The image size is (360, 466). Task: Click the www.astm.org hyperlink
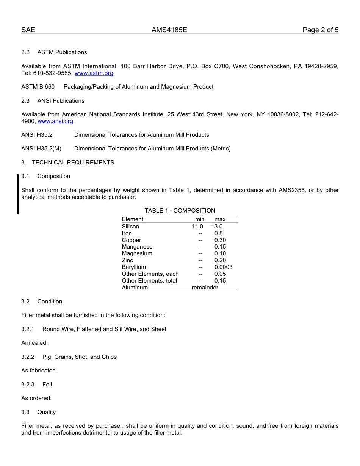pyautogui.click(x=94, y=73)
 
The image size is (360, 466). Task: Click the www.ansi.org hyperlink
pyautogui.click(x=55, y=121)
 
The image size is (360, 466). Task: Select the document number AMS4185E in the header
pyautogui.click(x=169, y=30)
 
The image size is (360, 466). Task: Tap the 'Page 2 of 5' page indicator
pyautogui.click(x=320, y=30)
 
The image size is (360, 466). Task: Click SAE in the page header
pyautogui.click(x=28, y=30)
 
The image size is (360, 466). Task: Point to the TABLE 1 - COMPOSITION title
pyautogui.click(x=180, y=211)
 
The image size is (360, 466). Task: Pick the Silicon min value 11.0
pyautogui.click(x=197, y=227)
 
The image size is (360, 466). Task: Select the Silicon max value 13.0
pyautogui.click(x=217, y=227)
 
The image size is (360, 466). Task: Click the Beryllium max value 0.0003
pyautogui.click(x=223, y=267)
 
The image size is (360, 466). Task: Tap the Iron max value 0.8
pyautogui.click(x=219, y=233)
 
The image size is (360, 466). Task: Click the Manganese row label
pyautogui.click(x=137, y=247)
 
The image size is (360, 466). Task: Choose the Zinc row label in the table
pyautogui.click(x=127, y=260)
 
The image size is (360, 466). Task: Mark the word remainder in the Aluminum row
pyautogui.click(x=205, y=288)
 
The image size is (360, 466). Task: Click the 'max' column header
pyautogui.click(x=220, y=219)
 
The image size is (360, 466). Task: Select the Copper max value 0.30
pyautogui.click(x=220, y=240)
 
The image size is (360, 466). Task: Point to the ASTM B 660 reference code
pyautogui.click(x=38, y=87)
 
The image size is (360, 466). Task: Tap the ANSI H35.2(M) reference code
pyautogui.click(x=41, y=149)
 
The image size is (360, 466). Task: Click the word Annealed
pyautogui.click(x=34, y=343)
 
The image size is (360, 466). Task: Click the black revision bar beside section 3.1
pyautogui.click(x=17, y=194)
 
